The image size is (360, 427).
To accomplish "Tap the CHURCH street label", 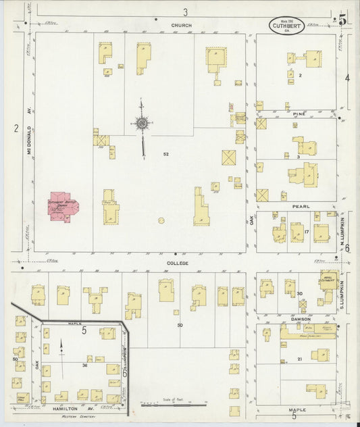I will click(181, 26).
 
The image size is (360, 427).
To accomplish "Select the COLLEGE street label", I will click(178, 263).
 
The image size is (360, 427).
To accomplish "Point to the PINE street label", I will click(299, 114).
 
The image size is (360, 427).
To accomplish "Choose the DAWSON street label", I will click(301, 319).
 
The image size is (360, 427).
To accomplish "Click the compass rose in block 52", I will click(142, 123).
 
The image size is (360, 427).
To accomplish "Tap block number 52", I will click(165, 155).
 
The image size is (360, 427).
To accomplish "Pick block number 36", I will click(85, 366).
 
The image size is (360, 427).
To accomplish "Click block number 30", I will click(299, 293).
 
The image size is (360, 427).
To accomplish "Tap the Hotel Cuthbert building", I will click(329, 279).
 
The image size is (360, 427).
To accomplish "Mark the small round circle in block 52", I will click(161, 220).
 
